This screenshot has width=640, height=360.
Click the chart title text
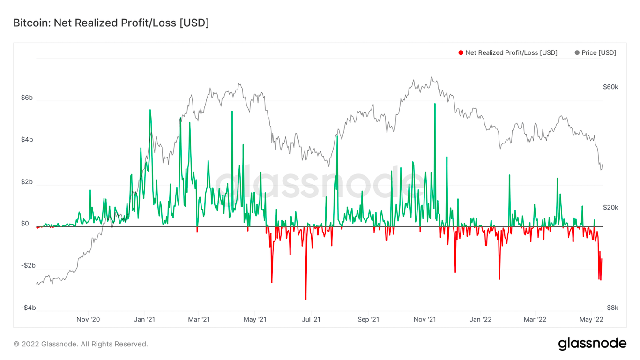coord(111,22)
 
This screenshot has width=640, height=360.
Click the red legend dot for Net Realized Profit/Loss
coord(461,53)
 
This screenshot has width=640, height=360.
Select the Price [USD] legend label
coord(599,53)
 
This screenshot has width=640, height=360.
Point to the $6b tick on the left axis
coord(27,97)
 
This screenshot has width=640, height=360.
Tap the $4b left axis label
coord(27,140)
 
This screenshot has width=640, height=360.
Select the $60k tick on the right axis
coord(610,87)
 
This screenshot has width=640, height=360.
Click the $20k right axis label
coord(610,207)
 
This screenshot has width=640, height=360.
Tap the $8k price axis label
coord(612,308)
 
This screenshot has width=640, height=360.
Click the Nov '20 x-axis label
coord(88,320)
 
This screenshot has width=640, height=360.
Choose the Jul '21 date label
coord(311,320)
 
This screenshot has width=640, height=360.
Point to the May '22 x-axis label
coord(591,320)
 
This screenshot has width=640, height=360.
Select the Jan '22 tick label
coord(481,320)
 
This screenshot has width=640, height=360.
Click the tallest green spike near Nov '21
coord(435,105)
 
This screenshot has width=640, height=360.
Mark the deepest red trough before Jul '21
coord(306,298)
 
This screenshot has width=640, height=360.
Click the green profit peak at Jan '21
coord(150,110)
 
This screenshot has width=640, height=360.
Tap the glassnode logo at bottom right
coord(592,344)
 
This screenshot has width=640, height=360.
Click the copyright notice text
coord(81,344)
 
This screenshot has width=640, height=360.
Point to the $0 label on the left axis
coord(25,224)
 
